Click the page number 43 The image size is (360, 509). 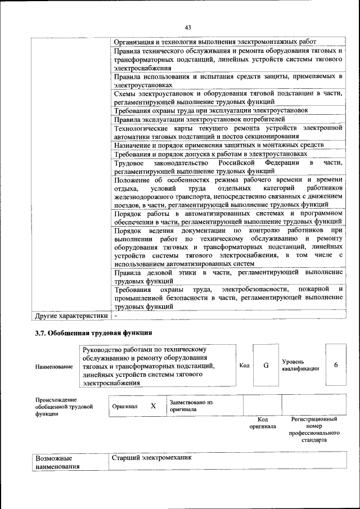188,28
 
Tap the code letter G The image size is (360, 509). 265,365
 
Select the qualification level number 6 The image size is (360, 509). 336,365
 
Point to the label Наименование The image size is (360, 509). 54,367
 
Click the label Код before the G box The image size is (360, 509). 244,366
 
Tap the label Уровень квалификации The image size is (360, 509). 300,365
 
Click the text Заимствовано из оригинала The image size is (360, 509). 191,406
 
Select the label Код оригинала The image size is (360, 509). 262,423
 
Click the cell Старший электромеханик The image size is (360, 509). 152,458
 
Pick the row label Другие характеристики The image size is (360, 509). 71,316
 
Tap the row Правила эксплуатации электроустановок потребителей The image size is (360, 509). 200,119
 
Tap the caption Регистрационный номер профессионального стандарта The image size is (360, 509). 314,430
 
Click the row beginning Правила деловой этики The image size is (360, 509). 228,277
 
